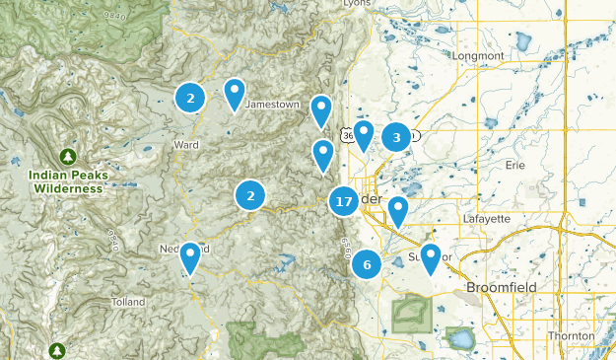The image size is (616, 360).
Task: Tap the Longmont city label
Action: coord(478,56)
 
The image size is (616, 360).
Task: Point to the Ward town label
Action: coord(185,145)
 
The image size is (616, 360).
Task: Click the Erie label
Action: coord(514,166)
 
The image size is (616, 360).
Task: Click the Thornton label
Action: coord(571,336)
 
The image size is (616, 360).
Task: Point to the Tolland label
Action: coord(128,302)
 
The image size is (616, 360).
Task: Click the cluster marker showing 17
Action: coord(343,202)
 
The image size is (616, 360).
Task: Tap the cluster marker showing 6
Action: coord(367,264)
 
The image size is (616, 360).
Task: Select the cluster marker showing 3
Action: coord(396,137)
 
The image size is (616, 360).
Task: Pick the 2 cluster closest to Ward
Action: coord(190,97)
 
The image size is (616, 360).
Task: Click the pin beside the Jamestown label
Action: coord(235,94)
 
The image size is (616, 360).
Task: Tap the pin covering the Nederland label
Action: coord(191,257)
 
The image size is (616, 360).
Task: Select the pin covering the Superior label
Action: coord(430,257)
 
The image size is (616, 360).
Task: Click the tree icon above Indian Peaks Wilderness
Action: coord(67,157)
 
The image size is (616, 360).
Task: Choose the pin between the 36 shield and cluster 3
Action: coord(364,134)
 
